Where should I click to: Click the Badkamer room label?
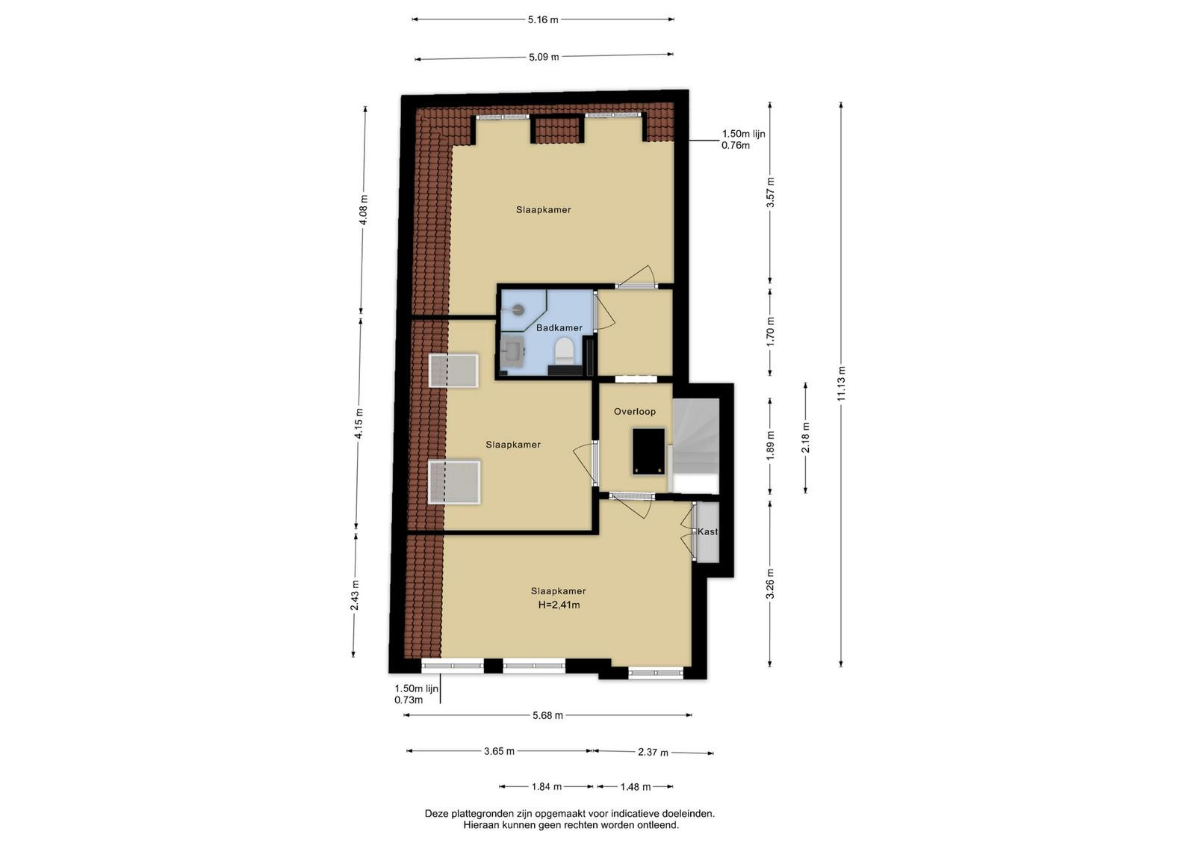tap(559, 328)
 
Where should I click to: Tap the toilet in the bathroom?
tap(564, 351)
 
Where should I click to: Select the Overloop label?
tap(634, 412)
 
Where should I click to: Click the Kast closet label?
tap(707, 531)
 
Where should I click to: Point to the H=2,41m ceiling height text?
tap(559, 605)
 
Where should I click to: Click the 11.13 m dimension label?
tap(841, 384)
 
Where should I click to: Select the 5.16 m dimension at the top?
tap(543, 19)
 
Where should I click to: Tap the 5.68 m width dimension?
tap(548, 715)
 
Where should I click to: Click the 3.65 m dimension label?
tap(500, 752)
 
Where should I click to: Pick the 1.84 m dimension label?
tap(546, 787)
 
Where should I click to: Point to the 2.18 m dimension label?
tap(806, 438)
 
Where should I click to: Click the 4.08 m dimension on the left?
tap(364, 210)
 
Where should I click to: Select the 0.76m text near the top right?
tap(736, 145)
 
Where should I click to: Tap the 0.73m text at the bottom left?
tap(409, 700)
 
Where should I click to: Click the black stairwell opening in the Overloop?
tap(649, 451)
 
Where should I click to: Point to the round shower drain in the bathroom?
tap(518, 309)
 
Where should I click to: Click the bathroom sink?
tap(512, 352)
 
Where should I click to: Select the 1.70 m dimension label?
tap(770, 332)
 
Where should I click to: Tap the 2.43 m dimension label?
tap(356, 595)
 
